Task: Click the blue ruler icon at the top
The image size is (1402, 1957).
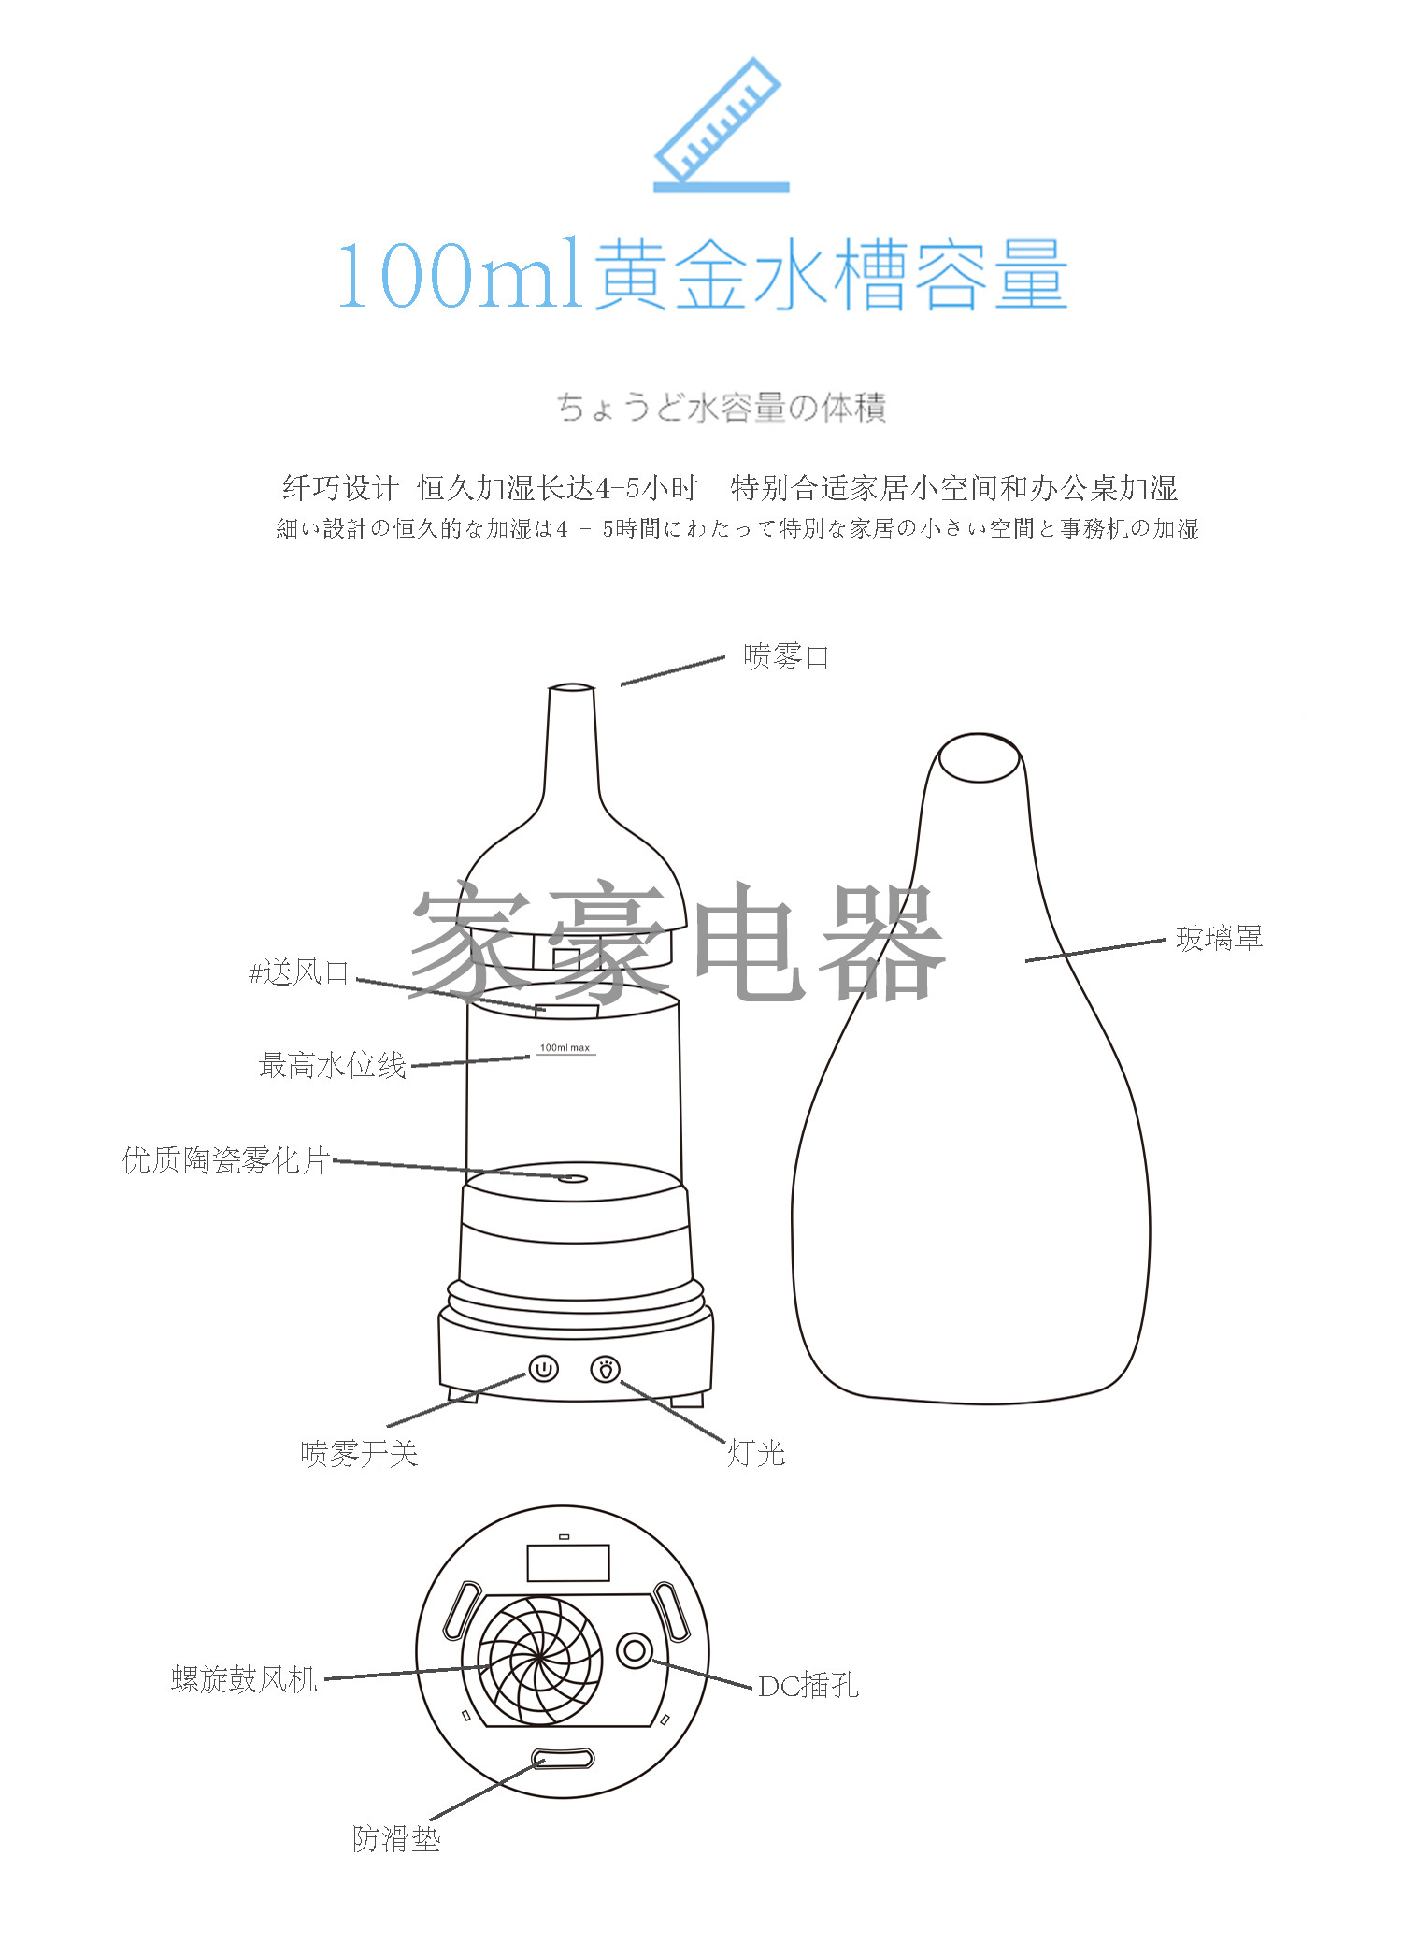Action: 721,124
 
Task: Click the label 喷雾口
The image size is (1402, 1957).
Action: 786,657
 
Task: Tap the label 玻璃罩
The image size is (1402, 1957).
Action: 1220,938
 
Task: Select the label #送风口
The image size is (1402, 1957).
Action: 299,973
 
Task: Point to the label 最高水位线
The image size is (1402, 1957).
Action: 333,1065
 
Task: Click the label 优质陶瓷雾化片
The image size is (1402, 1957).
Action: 225,1160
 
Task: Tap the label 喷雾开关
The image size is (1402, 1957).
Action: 359,1454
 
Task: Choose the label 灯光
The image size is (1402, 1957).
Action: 756,1454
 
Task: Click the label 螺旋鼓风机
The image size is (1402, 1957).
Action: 245,1679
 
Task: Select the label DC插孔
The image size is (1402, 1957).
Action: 808,1686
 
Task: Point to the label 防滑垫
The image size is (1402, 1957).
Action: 396,1839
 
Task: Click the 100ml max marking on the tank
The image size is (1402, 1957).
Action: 565,1048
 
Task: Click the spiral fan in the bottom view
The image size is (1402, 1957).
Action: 540,1660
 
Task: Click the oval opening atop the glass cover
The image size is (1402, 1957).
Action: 980,757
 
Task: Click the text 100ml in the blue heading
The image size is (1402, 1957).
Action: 460,275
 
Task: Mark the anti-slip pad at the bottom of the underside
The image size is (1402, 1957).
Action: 563,1759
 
